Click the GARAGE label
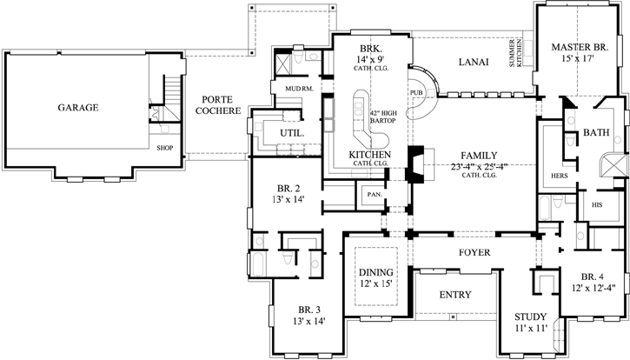point(78,108)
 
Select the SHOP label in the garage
point(165,148)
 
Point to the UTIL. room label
point(290,132)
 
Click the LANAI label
point(473,62)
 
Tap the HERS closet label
point(559,176)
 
